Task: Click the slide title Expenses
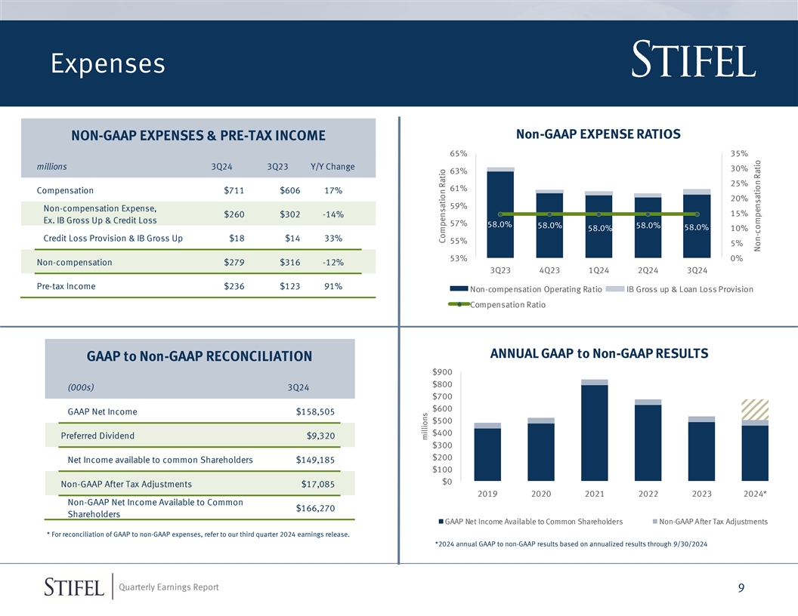pos(108,64)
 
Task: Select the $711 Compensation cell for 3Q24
pos(234,190)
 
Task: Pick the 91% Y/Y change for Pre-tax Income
pos(332,286)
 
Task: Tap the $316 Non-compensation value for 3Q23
pos(291,262)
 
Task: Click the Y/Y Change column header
pos(332,166)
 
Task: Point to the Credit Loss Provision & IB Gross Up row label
pos(113,239)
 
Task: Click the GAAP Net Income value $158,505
pos(315,411)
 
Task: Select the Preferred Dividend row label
pos(97,436)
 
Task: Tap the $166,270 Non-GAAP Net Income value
pos(315,508)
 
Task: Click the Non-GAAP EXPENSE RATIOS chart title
pos(598,134)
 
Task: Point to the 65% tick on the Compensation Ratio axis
pos(457,153)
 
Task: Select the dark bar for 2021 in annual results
pos(595,433)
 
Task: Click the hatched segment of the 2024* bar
pos(755,409)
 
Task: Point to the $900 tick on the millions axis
pos(442,371)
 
